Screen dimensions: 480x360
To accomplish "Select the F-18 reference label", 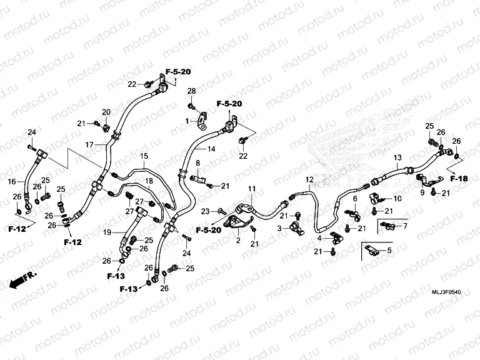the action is [x=459, y=179].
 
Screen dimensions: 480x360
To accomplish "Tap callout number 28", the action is [x=192, y=91].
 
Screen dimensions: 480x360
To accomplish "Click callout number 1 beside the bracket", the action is [x=186, y=120].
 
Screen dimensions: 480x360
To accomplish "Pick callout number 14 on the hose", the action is [x=211, y=149].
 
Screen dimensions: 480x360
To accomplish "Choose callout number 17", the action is [x=89, y=144].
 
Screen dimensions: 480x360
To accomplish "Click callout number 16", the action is [x=12, y=182].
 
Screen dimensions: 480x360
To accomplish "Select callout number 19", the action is [x=107, y=232].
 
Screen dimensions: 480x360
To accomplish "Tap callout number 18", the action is [x=149, y=181].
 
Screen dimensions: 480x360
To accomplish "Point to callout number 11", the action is [x=252, y=189].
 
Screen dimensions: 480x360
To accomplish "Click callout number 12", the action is [x=309, y=180].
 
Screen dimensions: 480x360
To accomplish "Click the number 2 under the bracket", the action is [x=238, y=241].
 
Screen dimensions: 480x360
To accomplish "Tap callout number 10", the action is [x=398, y=199].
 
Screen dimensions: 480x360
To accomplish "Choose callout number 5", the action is [x=389, y=251].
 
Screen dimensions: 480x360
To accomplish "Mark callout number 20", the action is [x=106, y=112].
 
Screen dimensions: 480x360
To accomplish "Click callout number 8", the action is [x=197, y=163].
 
